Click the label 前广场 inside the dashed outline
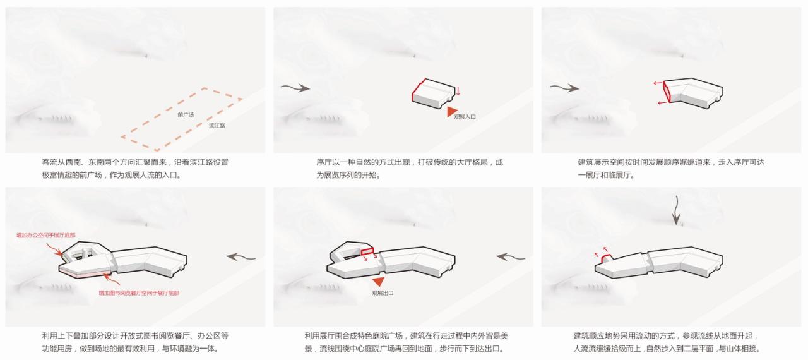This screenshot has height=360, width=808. coord(186,115)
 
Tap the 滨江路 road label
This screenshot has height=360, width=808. coord(217,126)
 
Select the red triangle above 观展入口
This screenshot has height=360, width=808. coord(451,112)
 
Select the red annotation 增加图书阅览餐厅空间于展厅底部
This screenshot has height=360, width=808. coord(139,293)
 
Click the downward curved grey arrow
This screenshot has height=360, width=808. coord(676,211)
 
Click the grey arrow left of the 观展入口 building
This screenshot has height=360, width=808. coord(296,88)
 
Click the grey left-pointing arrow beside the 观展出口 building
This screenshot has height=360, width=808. coord(511,256)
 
